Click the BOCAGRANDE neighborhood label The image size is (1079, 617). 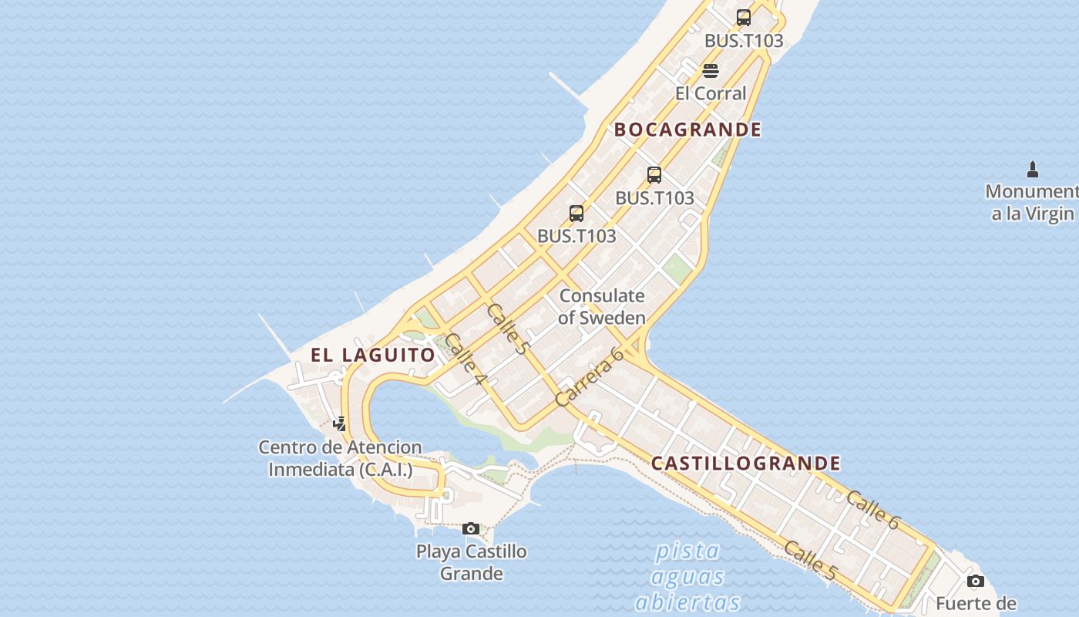pyautogui.click(x=687, y=130)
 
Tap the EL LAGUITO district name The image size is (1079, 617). pyautogui.click(x=373, y=355)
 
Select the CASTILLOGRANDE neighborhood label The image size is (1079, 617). pyautogui.click(x=745, y=464)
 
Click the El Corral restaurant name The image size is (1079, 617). pyautogui.click(x=711, y=93)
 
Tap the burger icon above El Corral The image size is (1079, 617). pyautogui.click(x=711, y=71)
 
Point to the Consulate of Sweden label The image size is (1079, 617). pyautogui.click(x=602, y=306)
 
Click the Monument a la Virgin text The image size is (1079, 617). pyautogui.click(x=1032, y=202)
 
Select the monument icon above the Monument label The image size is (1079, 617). pyautogui.click(x=1033, y=170)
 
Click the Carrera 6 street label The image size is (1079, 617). pyautogui.click(x=589, y=377)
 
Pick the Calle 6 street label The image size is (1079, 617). pyautogui.click(x=872, y=510)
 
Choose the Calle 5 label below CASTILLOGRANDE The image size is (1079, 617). pyautogui.click(x=810, y=561)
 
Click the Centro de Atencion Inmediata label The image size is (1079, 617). pyautogui.click(x=340, y=458)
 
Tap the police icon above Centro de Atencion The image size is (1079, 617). pyautogui.click(x=339, y=423)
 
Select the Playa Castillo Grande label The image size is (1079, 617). pyautogui.click(x=472, y=562)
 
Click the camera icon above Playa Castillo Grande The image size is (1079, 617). pyautogui.click(x=471, y=528)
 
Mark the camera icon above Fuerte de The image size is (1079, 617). pyautogui.click(x=976, y=581)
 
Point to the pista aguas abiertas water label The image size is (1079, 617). pyautogui.click(x=687, y=576)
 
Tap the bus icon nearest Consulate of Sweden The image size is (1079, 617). pyautogui.click(x=576, y=214)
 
